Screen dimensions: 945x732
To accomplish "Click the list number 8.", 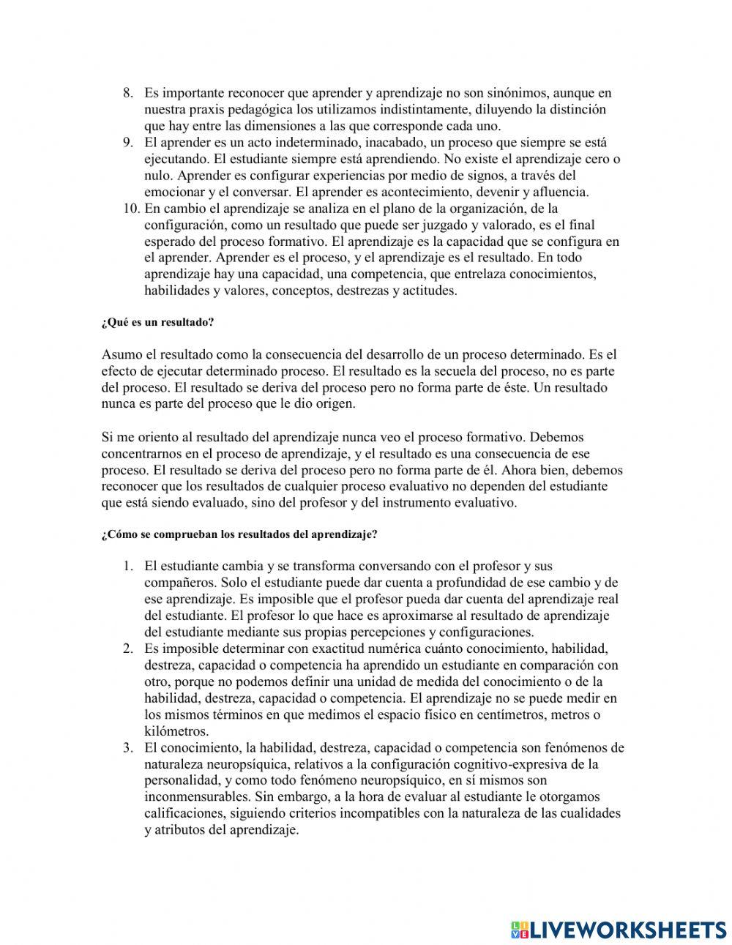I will coord(127,93).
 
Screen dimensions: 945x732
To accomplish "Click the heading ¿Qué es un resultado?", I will coord(157,323).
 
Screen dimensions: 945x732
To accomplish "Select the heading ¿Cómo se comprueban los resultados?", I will coord(239,534).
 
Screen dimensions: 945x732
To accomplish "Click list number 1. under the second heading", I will coord(127,566).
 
